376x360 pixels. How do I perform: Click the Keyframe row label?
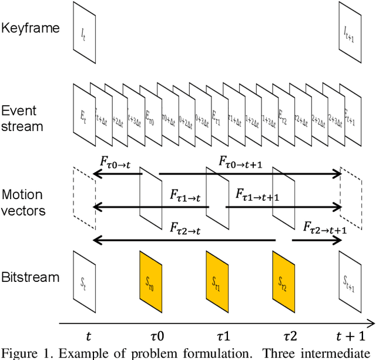30,28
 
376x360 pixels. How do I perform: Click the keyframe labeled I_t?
83,32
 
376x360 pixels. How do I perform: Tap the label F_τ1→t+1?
257,196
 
